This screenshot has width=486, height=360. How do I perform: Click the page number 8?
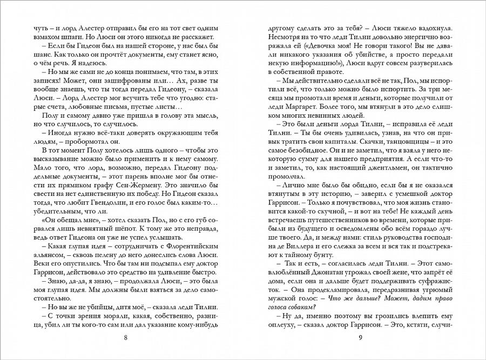(x=126, y=338)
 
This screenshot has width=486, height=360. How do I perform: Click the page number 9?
(x=360, y=338)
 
